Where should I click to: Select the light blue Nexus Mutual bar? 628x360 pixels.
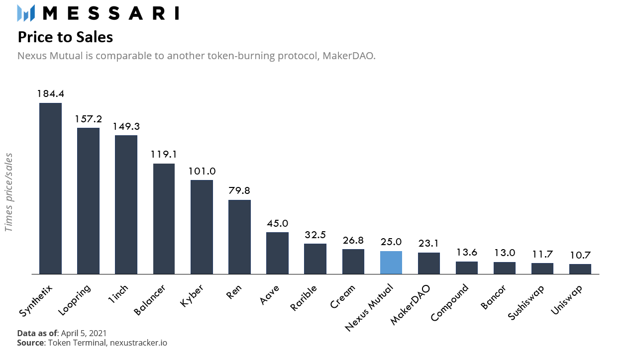click(x=391, y=263)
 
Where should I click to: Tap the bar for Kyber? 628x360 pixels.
click(x=202, y=227)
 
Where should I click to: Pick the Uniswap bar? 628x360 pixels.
click(x=580, y=269)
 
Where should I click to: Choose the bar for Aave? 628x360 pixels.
click(x=277, y=253)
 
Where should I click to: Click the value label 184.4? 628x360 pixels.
click(x=50, y=93)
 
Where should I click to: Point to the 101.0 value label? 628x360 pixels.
click(x=202, y=171)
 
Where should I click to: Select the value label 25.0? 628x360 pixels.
click(x=391, y=242)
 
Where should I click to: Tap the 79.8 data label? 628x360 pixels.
click(x=239, y=190)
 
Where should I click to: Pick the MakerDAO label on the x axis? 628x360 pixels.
click(x=411, y=304)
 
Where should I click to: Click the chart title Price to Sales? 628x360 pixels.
click(x=65, y=37)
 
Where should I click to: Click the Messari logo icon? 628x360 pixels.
click(x=26, y=13)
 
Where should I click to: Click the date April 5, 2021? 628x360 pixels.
click(x=84, y=333)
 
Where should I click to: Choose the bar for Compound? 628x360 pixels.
click(x=466, y=268)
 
